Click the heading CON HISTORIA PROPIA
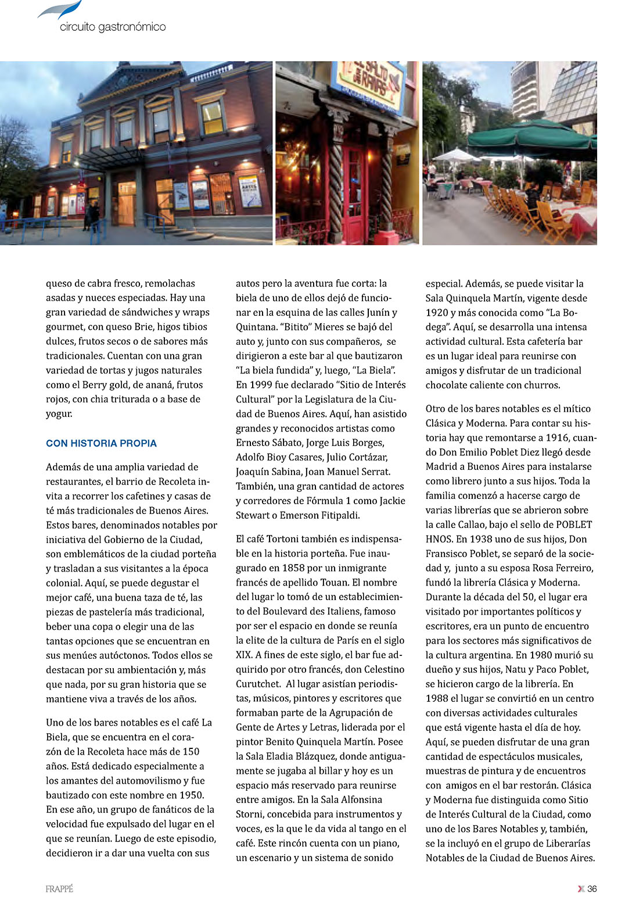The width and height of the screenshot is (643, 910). [101, 443]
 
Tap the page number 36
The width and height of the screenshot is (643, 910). [592, 888]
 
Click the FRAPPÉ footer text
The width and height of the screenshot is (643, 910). [59, 889]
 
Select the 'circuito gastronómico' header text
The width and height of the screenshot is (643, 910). [113, 27]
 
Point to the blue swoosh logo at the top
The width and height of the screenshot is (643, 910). [62, 10]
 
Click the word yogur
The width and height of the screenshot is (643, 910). [59, 414]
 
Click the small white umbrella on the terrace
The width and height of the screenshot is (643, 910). [455, 156]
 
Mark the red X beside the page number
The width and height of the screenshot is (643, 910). [580, 888]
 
